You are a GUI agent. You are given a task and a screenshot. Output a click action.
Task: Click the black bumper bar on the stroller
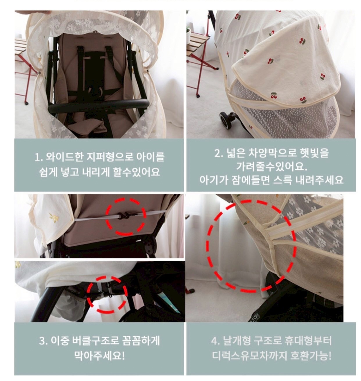coord(98,105)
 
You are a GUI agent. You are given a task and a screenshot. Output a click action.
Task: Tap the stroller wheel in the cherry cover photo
coord(226,120)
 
